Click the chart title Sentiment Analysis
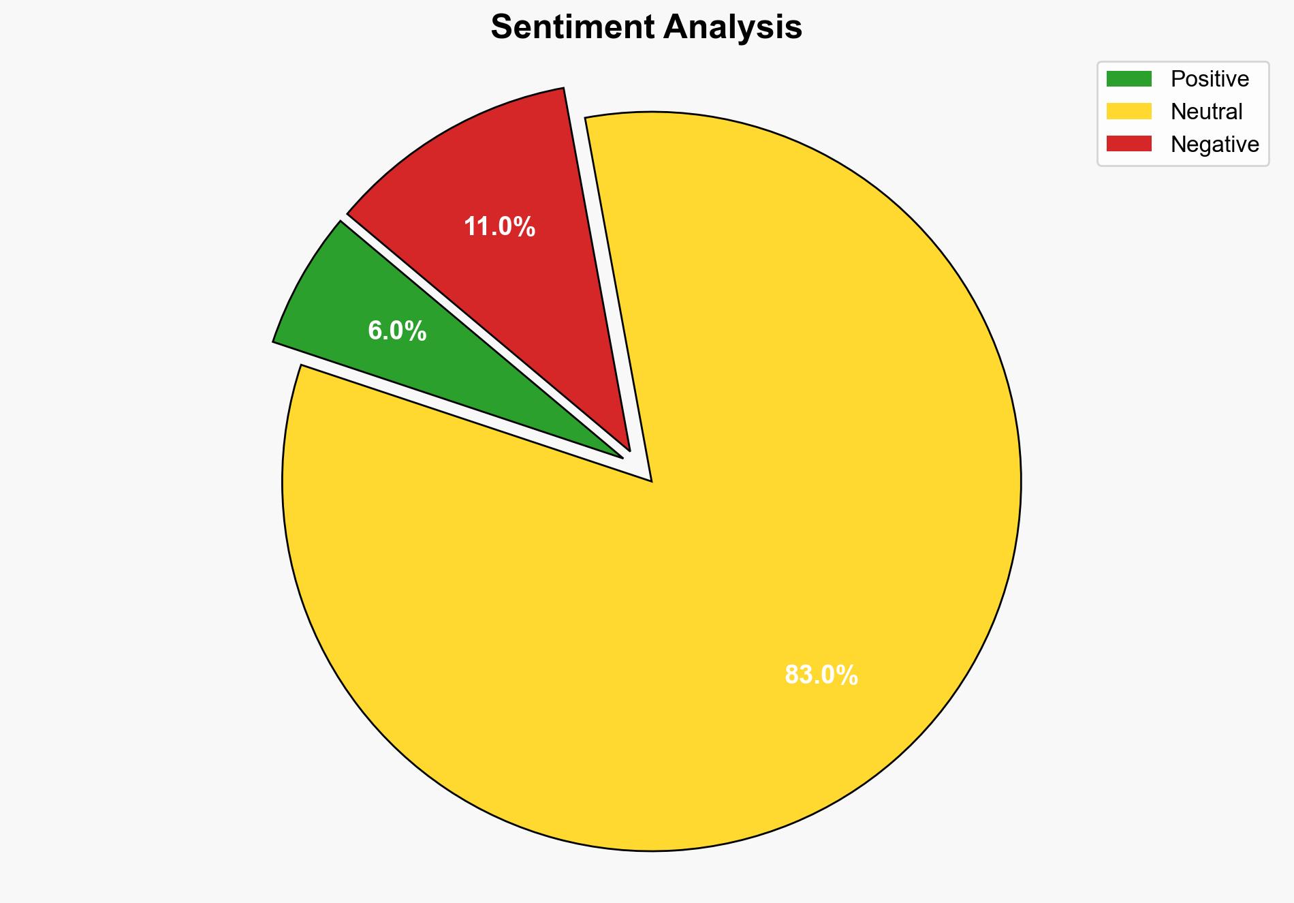pyautogui.click(x=646, y=28)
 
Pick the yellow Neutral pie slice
pyautogui.click(x=715, y=545)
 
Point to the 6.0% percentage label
pyautogui.click(x=397, y=331)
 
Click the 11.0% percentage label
pyautogui.click(x=499, y=227)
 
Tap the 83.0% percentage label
pyautogui.click(x=821, y=675)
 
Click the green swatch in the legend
pyautogui.click(x=1129, y=79)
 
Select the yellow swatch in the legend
pyautogui.click(x=1129, y=111)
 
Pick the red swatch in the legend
pyautogui.click(x=1129, y=144)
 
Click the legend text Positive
pyautogui.click(x=1210, y=79)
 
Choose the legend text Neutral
pyautogui.click(x=1206, y=111)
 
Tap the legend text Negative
pyautogui.click(x=1214, y=144)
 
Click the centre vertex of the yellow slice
pyautogui.click(x=650, y=479)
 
